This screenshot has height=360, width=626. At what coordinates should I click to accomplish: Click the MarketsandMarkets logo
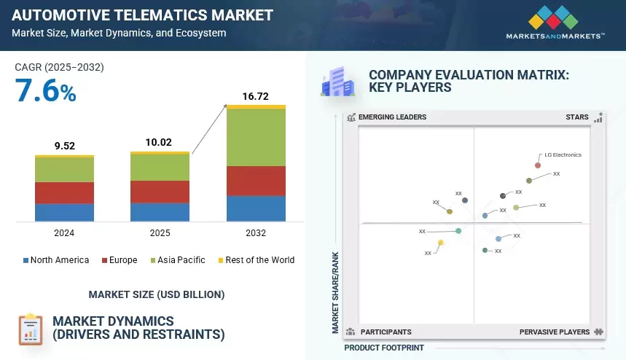pyautogui.click(x=555, y=23)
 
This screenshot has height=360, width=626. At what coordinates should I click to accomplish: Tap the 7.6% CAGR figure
pyautogui.click(x=45, y=90)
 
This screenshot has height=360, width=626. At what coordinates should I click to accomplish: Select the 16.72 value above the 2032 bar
pyautogui.click(x=256, y=96)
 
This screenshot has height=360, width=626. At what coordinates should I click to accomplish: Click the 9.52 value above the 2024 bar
pyautogui.click(x=65, y=146)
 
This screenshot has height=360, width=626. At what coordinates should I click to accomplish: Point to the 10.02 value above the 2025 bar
pyautogui.click(x=158, y=142)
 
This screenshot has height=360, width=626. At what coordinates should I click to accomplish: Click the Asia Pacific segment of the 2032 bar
pyautogui.click(x=256, y=137)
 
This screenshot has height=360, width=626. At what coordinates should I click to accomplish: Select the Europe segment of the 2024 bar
pyautogui.click(x=64, y=193)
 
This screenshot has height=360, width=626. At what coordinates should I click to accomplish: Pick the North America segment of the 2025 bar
pyautogui.click(x=160, y=212)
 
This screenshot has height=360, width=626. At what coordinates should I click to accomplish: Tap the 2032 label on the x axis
pyautogui.click(x=256, y=232)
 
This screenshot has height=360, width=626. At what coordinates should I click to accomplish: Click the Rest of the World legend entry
pyautogui.click(x=257, y=260)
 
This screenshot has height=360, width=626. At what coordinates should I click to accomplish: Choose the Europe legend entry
pyautogui.click(x=120, y=260)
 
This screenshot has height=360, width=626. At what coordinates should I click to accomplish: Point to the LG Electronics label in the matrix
pyautogui.click(x=563, y=154)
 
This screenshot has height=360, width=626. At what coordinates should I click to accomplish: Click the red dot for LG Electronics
pyautogui.click(x=538, y=165)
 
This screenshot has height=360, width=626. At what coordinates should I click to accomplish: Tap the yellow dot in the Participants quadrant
pyautogui.click(x=441, y=243)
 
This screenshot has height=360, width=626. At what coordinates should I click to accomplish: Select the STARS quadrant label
pyautogui.click(x=577, y=117)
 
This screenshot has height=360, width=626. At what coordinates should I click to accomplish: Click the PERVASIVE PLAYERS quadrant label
pyautogui.click(x=555, y=332)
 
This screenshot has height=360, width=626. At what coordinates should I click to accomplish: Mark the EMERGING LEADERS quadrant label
pyautogui.click(x=393, y=117)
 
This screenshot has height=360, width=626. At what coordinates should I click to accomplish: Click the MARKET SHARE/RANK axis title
pyautogui.click(x=335, y=292)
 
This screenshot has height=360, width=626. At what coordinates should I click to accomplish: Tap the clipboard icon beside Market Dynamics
pyautogui.click(x=31, y=329)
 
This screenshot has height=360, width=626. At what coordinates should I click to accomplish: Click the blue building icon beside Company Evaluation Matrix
pyautogui.click(x=337, y=82)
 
